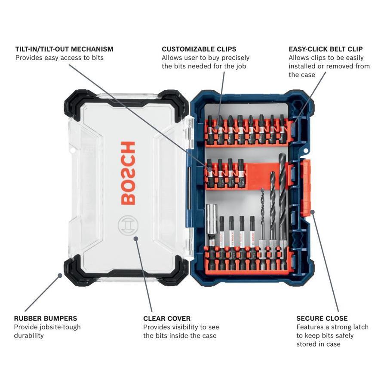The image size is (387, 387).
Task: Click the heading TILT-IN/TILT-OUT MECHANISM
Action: coord(64,49)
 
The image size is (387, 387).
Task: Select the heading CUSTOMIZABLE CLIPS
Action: coord(199,49)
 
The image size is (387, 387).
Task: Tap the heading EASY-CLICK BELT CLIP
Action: coord(326,49)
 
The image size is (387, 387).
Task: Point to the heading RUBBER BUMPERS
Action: coord(46,318)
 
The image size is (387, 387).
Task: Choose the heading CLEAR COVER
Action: coord(167,318)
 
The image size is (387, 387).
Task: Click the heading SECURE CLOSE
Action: coord(322,318)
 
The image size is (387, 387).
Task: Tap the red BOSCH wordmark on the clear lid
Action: coord(128,173)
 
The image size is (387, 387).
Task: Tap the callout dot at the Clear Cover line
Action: coord(136,238)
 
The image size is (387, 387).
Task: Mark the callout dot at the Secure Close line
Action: coord(312,212)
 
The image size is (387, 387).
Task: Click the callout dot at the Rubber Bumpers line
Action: coord(60,275)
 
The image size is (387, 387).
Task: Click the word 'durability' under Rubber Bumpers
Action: coord(29,336)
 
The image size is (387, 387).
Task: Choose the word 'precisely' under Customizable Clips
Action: coord(236,58)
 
